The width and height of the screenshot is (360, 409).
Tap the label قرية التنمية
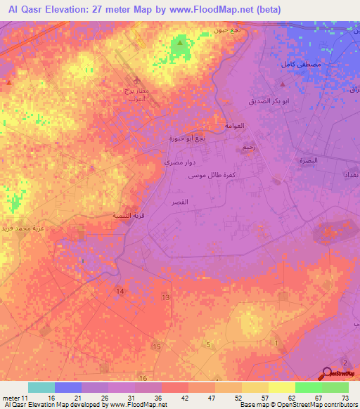click(117, 216)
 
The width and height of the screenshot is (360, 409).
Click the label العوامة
click(233, 126)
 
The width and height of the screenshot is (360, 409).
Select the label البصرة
click(308, 160)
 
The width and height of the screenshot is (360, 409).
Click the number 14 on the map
click(120, 290)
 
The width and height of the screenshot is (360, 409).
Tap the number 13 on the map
click(166, 298)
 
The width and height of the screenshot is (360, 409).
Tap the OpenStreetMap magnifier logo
click(328, 375)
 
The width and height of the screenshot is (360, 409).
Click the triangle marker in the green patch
click(180, 44)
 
